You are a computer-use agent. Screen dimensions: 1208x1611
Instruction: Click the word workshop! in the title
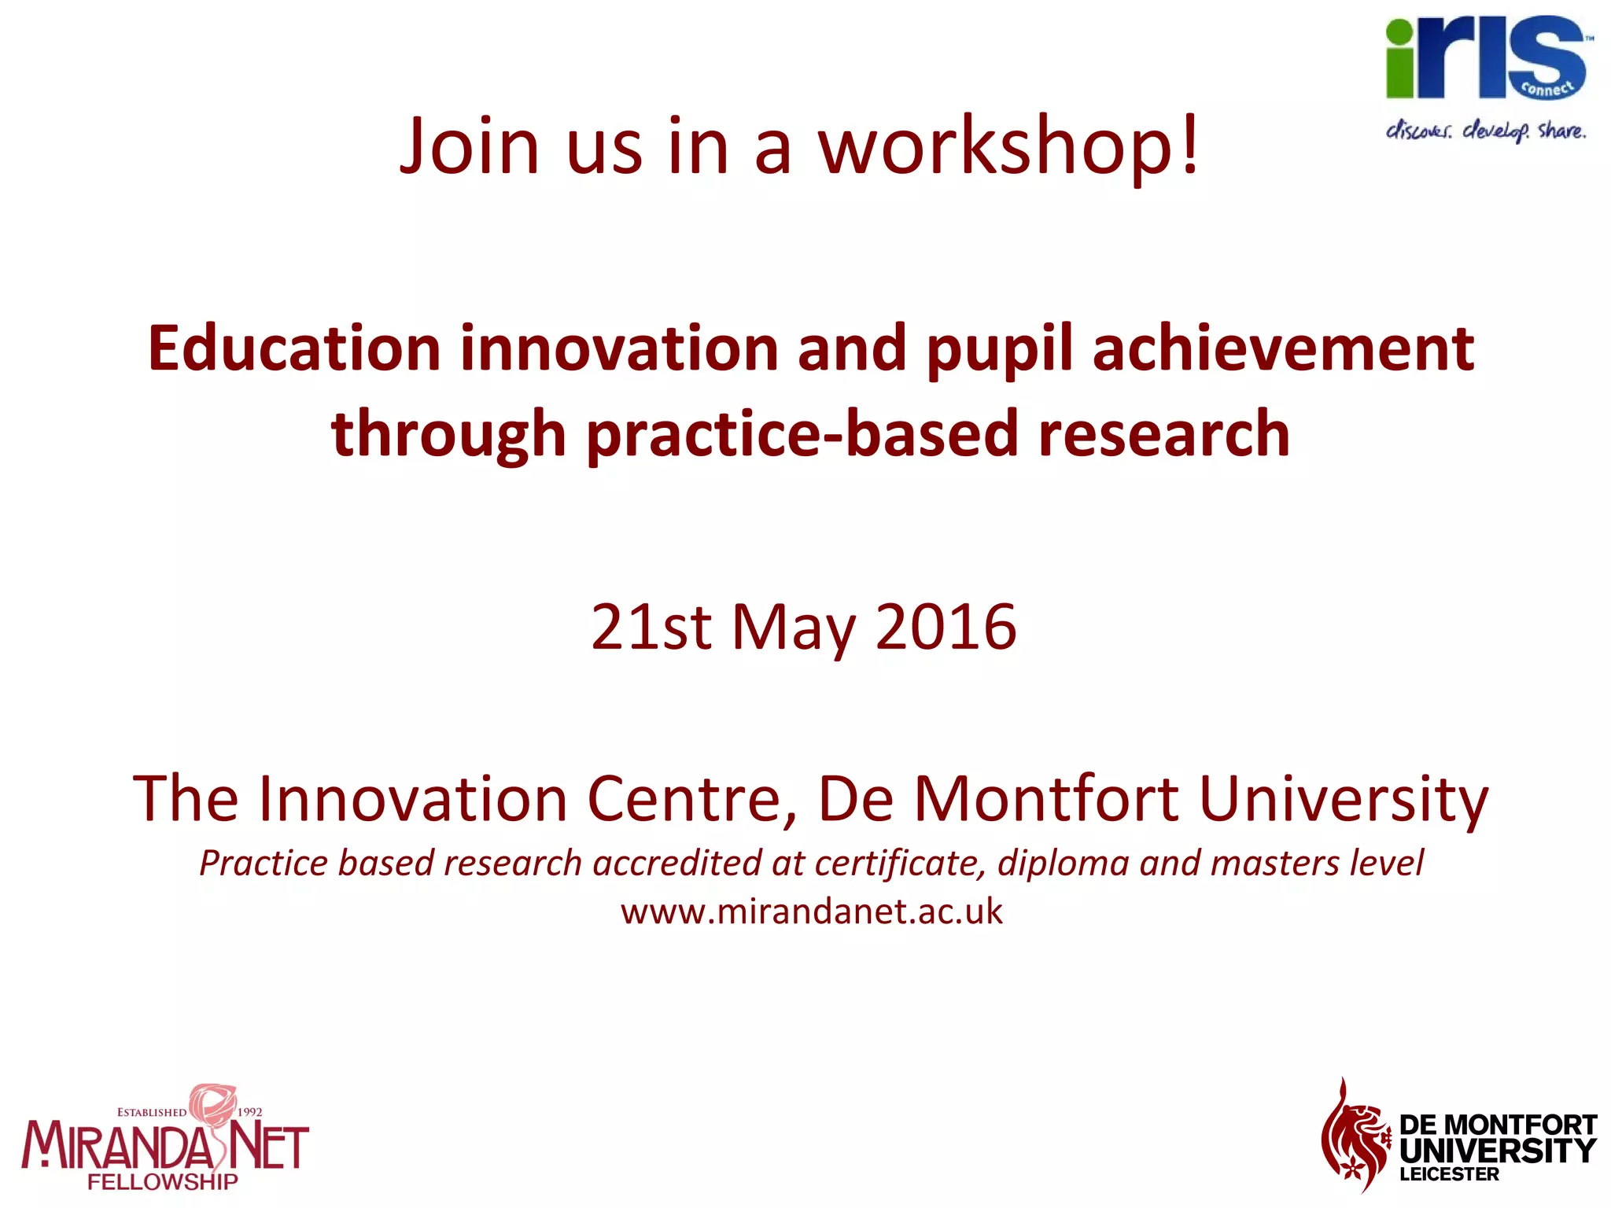point(1009,147)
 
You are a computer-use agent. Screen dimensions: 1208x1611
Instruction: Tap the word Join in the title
point(470,145)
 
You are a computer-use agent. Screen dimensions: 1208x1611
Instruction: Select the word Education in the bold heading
point(294,348)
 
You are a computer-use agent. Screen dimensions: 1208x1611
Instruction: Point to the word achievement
point(1283,348)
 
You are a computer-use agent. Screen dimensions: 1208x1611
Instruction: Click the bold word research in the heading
point(1164,435)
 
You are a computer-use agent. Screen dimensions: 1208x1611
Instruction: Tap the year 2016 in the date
point(946,627)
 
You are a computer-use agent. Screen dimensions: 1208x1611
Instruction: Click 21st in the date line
point(651,627)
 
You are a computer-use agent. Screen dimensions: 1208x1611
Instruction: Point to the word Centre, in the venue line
point(693,799)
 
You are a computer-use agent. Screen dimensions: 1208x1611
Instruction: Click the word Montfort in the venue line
point(1046,797)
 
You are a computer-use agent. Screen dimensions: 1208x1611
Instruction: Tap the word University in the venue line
point(1344,799)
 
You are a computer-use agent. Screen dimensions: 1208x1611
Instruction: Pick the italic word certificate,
point(901,864)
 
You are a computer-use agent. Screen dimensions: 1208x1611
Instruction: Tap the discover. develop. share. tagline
point(1486,131)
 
